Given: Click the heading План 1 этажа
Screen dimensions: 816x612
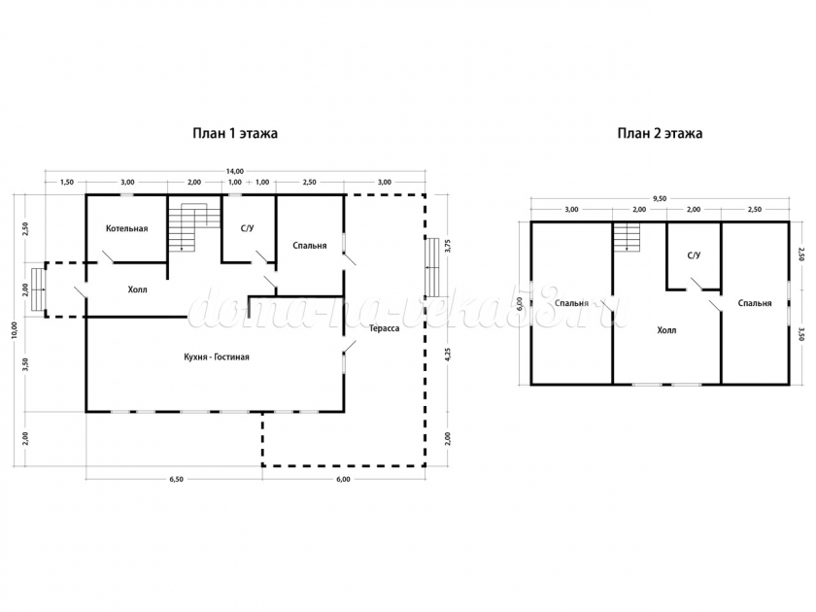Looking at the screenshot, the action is (x=235, y=133).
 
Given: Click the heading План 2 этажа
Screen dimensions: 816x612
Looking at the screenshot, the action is (x=660, y=133).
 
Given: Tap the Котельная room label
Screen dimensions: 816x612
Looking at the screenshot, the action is (x=127, y=228).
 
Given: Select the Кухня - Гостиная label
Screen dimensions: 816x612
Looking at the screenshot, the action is (x=217, y=357).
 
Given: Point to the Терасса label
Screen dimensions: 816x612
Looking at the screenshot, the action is (x=385, y=328).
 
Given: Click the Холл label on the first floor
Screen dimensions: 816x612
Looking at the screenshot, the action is (x=138, y=289).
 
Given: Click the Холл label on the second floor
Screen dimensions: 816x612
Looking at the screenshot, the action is (x=666, y=330).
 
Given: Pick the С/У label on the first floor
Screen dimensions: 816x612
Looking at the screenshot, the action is (x=247, y=228).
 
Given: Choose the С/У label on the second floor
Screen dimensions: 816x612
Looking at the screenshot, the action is (x=694, y=255).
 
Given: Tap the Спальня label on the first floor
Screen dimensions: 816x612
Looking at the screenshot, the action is (x=310, y=245).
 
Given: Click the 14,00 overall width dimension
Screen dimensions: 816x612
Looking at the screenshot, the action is (x=235, y=171).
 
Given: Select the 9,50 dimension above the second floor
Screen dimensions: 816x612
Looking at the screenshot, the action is (x=660, y=198).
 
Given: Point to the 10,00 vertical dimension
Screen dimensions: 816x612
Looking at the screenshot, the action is (x=14, y=330).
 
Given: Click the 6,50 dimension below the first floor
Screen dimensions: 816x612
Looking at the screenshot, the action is (x=177, y=479).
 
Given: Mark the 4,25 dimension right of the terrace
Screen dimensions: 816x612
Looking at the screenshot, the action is (x=449, y=354).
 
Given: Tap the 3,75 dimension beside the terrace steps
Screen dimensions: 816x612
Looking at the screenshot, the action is (x=449, y=246).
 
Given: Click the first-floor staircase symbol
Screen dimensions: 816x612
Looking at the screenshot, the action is (x=194, y=227).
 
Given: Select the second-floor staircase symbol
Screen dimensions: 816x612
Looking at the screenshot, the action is (x=626, y=237).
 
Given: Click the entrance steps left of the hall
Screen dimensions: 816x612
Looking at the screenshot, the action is (x=38, y=289).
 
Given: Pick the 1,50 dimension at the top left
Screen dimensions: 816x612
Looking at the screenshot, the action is (x=67, y=183).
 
